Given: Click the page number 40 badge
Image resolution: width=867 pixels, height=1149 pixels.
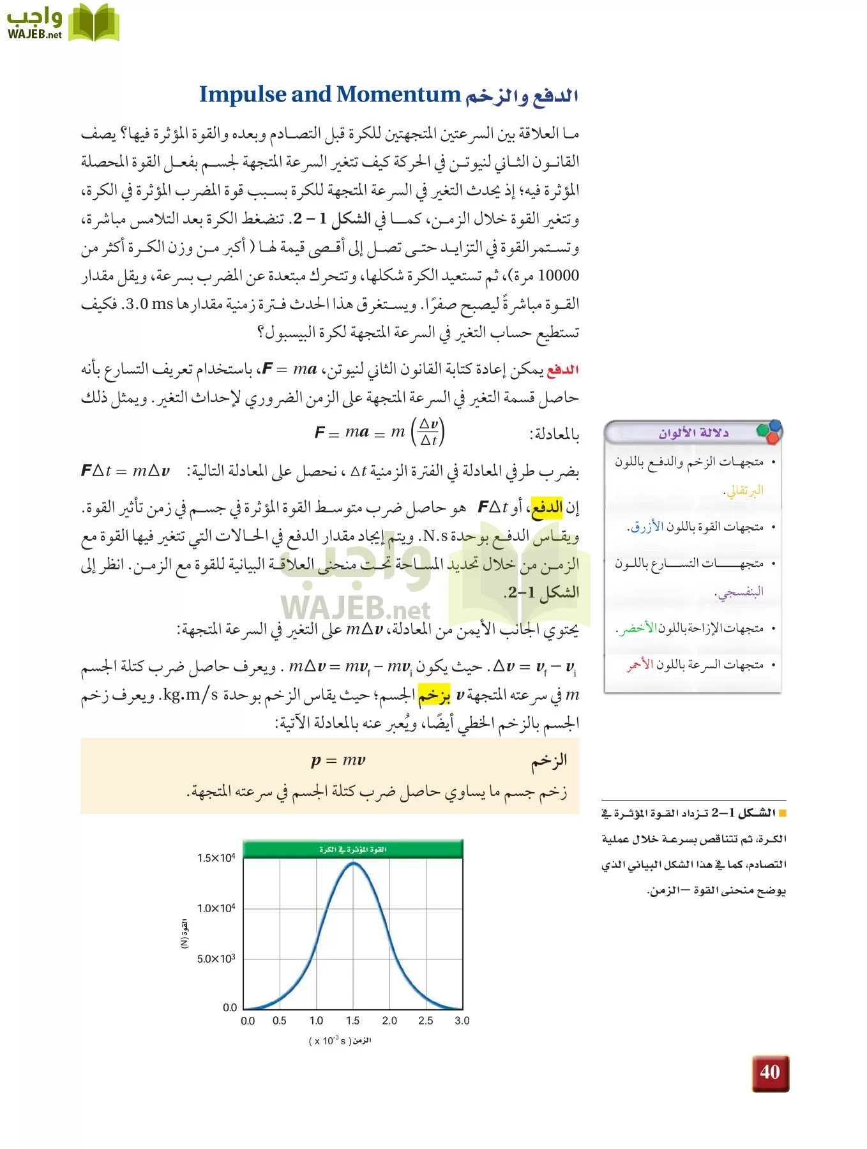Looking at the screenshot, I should (x=770, y=1073).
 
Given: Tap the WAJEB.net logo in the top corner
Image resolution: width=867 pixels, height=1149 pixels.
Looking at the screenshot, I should (x=62, y=23).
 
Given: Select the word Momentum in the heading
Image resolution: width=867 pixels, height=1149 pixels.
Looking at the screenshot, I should (x=398, y=94).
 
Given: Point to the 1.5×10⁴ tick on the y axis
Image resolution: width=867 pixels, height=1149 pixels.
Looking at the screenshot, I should (x=216, y=858).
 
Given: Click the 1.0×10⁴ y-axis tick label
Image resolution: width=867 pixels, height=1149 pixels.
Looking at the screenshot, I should (x=216, y=908).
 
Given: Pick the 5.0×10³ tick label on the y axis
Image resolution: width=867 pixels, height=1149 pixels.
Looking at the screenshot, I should (x=216, y=959).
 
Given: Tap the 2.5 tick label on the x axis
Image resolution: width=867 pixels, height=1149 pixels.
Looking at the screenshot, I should (x=426, y=1021).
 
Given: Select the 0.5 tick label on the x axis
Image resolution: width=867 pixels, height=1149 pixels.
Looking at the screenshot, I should (x=280, y=1021).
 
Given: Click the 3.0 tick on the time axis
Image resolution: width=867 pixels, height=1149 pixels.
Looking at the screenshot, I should (x=462, y=1021).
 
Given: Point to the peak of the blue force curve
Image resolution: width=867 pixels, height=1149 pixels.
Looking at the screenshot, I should (x=353, y=864).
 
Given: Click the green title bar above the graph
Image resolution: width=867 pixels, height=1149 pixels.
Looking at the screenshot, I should (x=353, y=850).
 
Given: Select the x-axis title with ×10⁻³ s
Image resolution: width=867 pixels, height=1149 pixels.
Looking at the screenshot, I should (x=340, y=1040).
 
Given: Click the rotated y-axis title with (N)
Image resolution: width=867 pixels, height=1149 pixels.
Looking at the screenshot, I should (x=185, y=933).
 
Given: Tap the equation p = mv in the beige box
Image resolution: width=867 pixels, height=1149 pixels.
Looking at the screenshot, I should (x=338, y=760).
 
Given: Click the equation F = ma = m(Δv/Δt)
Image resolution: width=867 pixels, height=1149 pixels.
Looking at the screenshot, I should (x=379, y=432).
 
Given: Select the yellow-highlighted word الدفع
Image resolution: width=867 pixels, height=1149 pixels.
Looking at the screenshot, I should (x=547, y=507).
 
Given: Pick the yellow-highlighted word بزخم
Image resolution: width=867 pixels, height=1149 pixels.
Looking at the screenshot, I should (x=434, y=695).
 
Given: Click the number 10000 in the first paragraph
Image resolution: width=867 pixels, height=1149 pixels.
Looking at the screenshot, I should (x=559, y=276).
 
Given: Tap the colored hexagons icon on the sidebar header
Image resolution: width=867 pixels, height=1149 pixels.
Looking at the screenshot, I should (x=769, y=432).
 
